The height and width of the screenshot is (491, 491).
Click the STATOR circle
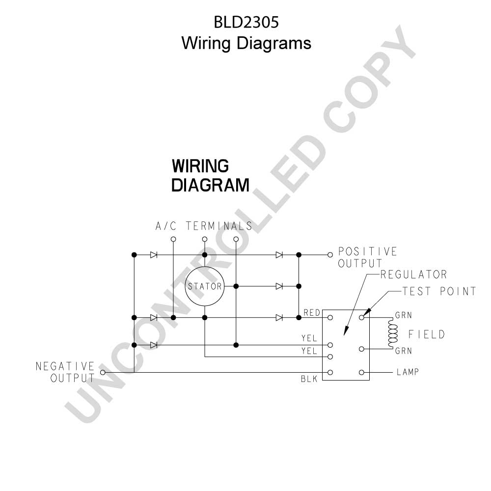coord(205,267)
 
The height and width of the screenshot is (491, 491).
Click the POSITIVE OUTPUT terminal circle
coord(330,255)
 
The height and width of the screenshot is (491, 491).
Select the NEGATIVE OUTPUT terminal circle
coord(103,372)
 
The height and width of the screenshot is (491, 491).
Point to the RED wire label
coord(312,312)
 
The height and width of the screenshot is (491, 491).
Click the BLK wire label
coord(309,379)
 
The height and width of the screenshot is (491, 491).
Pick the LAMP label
coord(408,372)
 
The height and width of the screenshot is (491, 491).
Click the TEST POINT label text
coord(439,291)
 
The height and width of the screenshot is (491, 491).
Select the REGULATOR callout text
coord(413,274)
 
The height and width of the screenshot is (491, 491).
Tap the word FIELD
coord(427,334)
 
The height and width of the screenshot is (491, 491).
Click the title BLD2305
coord(246,22)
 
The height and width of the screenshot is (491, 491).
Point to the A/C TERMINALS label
coord(204,226)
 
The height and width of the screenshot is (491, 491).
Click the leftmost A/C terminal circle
coord(173,239)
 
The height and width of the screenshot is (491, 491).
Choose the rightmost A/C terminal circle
coord(236,239)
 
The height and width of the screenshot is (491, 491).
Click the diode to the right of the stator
coord(279,286)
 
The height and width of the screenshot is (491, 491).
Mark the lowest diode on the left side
coord(153,345)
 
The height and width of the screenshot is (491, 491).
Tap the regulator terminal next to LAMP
coord(362,372)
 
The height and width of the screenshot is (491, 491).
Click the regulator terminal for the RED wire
coord(330,318)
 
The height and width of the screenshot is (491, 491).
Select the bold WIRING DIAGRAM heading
coord(211,175)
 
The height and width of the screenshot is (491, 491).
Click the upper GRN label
coord(403,315)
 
